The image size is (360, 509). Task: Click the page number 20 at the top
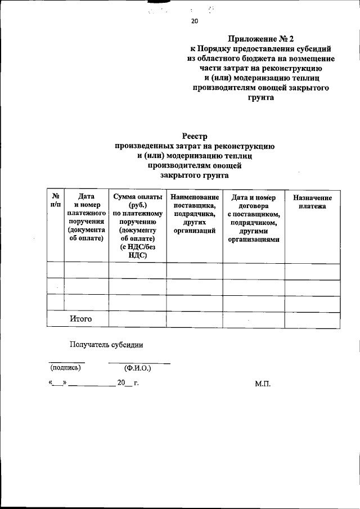(x=195, y=21)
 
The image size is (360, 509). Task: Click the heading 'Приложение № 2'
(x=261, y=39)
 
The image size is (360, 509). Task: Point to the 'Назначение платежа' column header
(x=312, y=202)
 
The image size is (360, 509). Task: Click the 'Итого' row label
(x=81, y=319)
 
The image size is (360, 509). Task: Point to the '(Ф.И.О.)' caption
(x=138, y=368)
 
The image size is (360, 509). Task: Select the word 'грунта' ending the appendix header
(x=261, y=97)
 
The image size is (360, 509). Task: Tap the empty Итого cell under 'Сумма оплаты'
(x=138, y=319)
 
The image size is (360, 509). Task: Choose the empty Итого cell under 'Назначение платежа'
(x=312, y=319)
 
